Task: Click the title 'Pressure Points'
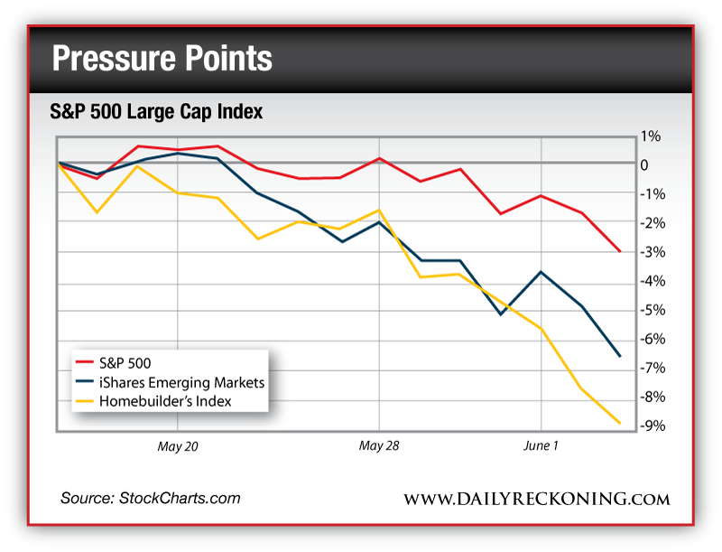tap(162, 59)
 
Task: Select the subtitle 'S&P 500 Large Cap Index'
tap(156, 113)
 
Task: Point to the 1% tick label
tap(651, 136)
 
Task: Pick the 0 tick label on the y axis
tap(644, 164)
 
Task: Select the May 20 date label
tap(178, 446)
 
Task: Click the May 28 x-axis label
tap(379, 446)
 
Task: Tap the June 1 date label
tap(541, 446)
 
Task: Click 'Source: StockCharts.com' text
tap(151, 498)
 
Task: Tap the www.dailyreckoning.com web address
tap(536, 499)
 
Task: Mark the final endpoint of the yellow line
tap(620, 423)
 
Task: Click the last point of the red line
tap(620, 251)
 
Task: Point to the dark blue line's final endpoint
tap(620, 356)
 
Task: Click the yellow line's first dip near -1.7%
tap(97, 212)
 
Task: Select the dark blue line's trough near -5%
tap(501, 313)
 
